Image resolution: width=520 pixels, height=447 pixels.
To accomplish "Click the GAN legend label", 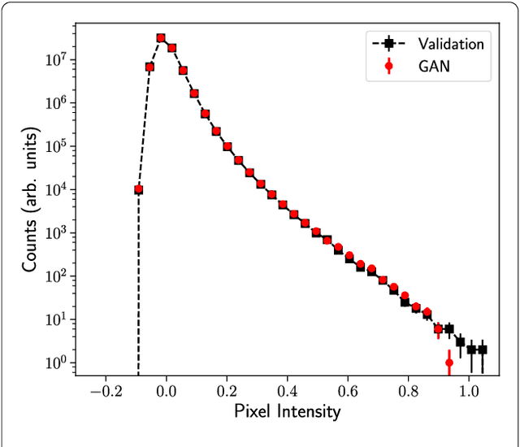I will (x=434, y=67).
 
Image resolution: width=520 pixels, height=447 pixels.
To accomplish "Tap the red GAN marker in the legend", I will (x=388, y=67).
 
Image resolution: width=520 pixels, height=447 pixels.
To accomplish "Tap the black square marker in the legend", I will (x=388, y=43).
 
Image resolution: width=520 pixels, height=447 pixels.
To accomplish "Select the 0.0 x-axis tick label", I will (x=167, y=391).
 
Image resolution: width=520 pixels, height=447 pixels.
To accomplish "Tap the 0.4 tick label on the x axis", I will (x=288, y=391).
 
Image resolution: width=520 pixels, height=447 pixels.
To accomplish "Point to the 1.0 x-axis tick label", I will (x=469, y=391).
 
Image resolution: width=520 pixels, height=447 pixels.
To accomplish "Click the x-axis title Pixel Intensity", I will (x=288, y=411).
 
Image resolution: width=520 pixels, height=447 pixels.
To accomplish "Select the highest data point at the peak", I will (x=161, y=38).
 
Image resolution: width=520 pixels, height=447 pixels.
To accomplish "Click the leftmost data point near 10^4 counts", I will (x=139, y=189).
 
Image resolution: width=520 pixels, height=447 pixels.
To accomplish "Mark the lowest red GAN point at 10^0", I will (x=449, y=362).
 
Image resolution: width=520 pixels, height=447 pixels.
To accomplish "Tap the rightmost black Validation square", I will (x=482, y=349).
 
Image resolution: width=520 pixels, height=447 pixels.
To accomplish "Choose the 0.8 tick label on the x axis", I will (x=409, y=391).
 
